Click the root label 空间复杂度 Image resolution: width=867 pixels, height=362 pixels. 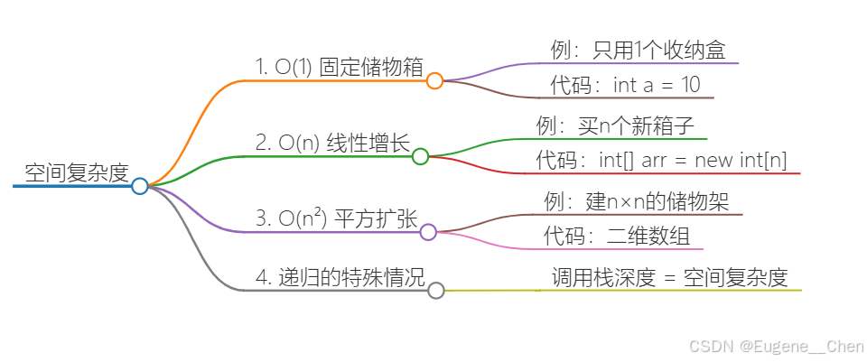pos(77,173)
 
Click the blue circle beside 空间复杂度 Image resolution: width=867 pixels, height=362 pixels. pos(139,186)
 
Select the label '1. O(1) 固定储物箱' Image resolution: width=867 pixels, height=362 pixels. pos(340,66)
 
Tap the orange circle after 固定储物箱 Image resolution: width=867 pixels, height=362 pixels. pos(434,80)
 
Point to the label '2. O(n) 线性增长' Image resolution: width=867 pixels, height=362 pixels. pos(332,143)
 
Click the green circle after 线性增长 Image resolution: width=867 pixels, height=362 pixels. pos(420,156)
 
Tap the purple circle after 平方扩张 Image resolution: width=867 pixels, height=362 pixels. pos(428,232)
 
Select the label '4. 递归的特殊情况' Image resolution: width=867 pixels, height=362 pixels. pos(340,276)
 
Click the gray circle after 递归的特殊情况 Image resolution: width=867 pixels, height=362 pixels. pos(436,290)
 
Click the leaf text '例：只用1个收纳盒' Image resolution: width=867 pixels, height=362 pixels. pos(638,51)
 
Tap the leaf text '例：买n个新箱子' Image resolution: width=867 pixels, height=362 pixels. pos(615,125)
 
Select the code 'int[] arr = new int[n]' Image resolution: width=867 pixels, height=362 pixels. pos(693,161)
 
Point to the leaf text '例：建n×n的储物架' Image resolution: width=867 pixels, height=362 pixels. pos(637,200)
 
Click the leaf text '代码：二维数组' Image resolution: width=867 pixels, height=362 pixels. pos(617,237)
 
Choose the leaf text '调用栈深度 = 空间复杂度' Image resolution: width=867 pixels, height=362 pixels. pos(670,277)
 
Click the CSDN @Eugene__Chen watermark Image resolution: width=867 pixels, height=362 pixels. pos(775,346)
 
